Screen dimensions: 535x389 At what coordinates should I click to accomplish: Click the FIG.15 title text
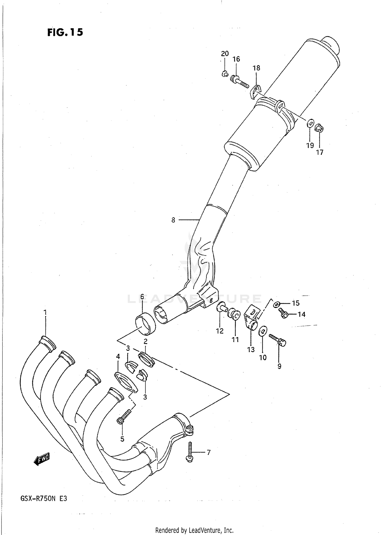65,32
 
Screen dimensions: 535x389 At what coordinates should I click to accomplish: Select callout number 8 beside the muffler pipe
173,220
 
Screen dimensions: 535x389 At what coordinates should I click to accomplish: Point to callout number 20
225,54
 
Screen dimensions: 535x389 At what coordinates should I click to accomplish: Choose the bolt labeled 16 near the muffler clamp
239,81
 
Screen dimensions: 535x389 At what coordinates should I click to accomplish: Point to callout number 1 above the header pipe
45,312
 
